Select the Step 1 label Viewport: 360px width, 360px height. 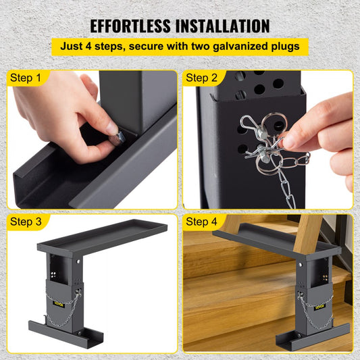(25, 78)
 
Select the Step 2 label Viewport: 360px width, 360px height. (202, 78)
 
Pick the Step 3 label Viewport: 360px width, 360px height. (25, 222)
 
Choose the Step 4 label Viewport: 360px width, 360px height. (202, 222)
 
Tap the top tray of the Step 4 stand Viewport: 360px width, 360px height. (270, 240)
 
